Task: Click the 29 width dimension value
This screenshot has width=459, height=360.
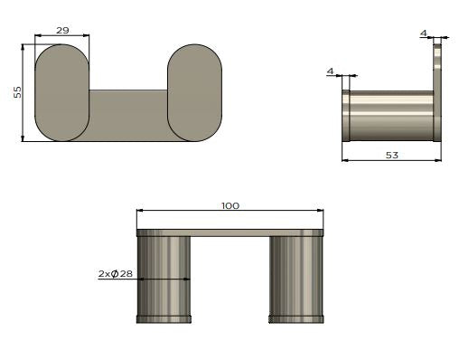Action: pos(62,30)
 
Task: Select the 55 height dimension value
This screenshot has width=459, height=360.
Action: pos(18,92)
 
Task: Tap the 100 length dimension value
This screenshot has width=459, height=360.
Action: pos(230,206)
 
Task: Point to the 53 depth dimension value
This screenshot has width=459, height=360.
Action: pos(392,156)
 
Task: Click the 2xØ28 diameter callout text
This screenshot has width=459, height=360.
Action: pos(116,274)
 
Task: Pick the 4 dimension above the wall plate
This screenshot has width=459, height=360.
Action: pos(424,33)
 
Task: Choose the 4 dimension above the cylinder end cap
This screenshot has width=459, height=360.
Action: pos(331,71)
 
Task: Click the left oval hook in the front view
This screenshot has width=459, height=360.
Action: pos(62,93)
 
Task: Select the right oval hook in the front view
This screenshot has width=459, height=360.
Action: pos(194,93)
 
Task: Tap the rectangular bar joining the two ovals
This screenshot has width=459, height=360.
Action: pos(128,115)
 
